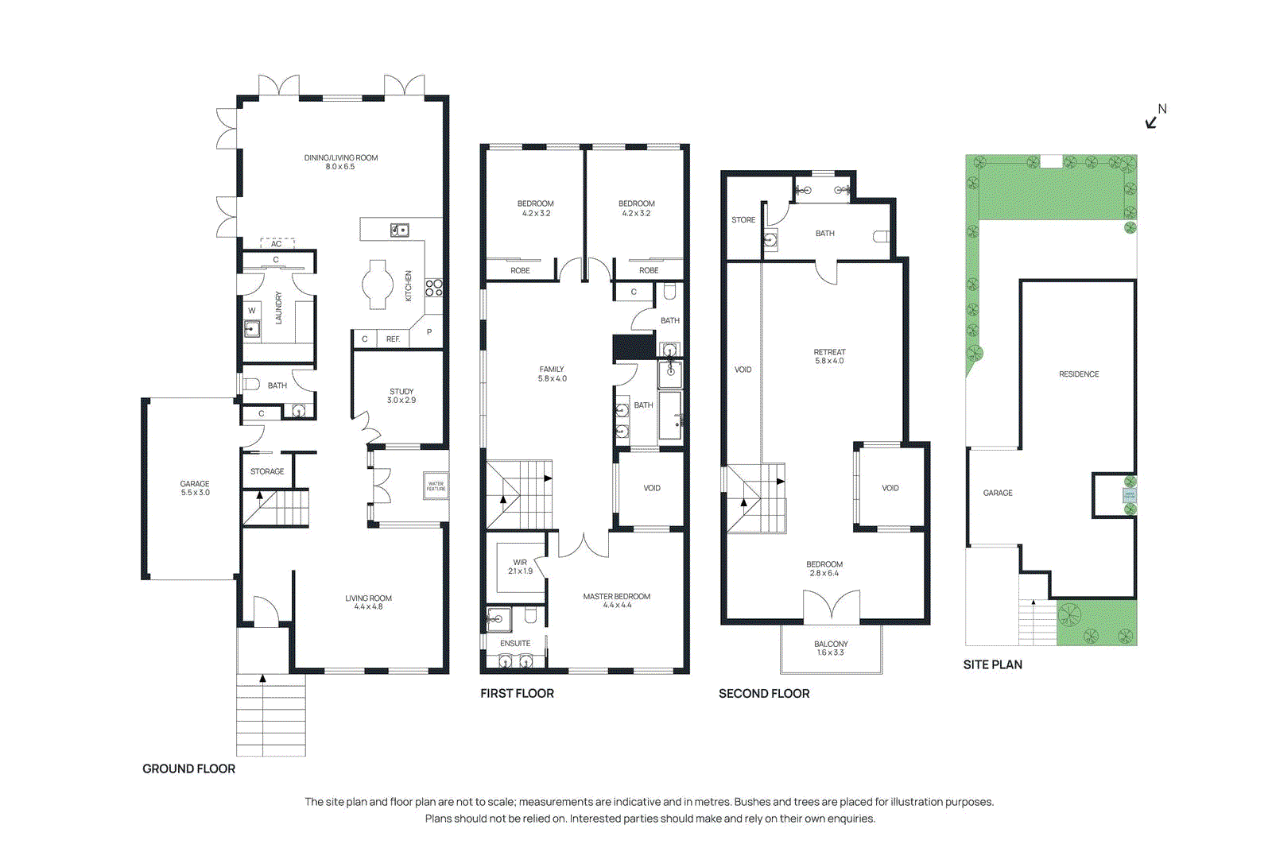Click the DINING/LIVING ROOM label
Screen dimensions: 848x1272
point(340,162)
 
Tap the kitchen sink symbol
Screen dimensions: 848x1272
point(400,230)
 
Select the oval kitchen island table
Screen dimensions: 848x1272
point(378,284)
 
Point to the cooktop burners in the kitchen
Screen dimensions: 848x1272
point(434,288)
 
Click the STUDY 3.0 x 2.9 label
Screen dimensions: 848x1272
point(401,396)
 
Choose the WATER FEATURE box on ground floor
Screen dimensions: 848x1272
point(436,486)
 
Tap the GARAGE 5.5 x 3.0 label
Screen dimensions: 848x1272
point(195,488)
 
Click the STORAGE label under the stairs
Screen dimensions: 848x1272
point(267,471)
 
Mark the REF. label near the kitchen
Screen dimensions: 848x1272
point(393,339)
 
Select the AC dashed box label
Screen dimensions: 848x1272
point(277,243)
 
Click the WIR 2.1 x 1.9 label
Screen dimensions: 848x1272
point(520,567)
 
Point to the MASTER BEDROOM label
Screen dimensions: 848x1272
point(616,600)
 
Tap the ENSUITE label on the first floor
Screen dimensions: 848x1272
point(515,643)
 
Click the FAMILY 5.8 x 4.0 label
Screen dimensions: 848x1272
point(552,374)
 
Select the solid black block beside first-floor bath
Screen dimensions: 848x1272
point(634,347)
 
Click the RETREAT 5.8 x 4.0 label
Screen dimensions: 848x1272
point(829,356)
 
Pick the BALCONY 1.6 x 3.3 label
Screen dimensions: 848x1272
point(831,648)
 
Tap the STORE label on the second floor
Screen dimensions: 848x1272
point(743,220)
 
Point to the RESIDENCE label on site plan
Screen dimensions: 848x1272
point(1079,374)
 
